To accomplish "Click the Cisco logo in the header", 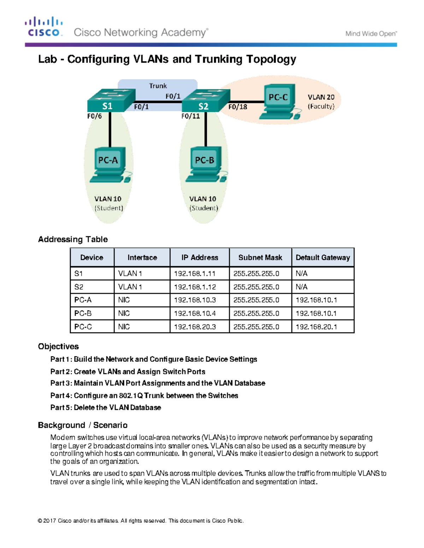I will (x=44, y=27).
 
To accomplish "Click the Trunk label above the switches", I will (x=158, y=86).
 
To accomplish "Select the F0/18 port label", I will (x=237, y=107).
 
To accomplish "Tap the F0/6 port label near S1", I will (x=94, y=116).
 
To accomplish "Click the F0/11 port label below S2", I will (x=190, y=116).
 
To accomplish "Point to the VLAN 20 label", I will (x=321, y=97).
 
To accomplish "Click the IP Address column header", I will (x=200, y=258).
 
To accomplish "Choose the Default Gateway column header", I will (x=323, y=258).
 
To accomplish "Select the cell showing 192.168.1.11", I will (x=195, y=273).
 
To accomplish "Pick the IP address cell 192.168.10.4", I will (x=195, y=313).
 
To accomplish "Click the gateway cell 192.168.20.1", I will (x=316, y=327).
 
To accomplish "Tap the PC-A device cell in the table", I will (x=83, y=300).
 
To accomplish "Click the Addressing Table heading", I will (x=73, y=239).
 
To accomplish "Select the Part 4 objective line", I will (x=144, y=396).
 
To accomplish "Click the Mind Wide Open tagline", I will (x=371, y=34).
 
